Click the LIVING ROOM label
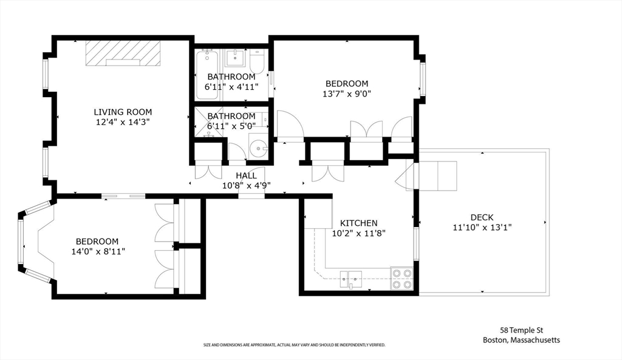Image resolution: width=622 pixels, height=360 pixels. [123, 112]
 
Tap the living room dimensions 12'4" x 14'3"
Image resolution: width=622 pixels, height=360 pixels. [123, 122]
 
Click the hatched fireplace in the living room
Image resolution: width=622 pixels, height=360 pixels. [123, 52]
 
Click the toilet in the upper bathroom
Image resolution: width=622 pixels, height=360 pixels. [257, 62]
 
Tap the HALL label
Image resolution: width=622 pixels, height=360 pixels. [246, 175]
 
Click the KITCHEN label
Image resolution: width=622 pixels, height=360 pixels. [358, 223]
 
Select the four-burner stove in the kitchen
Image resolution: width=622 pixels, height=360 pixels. [401, 278]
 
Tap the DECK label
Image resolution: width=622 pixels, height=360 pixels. [482, 217]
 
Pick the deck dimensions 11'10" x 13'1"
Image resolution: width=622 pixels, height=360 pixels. [482, 228]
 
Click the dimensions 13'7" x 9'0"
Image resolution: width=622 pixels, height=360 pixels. [347, 93]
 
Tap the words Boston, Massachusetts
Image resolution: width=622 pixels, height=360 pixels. [521, 340]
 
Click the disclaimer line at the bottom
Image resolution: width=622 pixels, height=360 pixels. [295, 345]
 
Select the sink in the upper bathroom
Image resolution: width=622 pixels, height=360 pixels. [235, 59]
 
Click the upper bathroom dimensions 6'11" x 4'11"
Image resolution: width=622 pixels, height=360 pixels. [231, 87]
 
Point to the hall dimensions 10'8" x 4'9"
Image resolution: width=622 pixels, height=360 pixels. [246, 185]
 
